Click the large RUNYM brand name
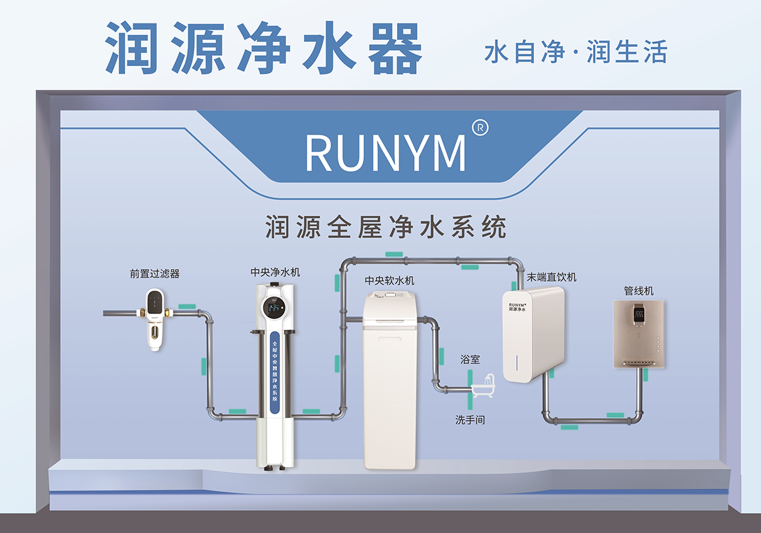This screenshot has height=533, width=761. (386, 152)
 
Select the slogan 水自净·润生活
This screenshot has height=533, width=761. (575, 52)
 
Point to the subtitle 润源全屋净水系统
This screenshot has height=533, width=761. (386, 227)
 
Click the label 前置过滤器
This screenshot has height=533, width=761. (155, 273)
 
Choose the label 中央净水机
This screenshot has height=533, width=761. (275, 272)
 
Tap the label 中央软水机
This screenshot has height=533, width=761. (390, 280)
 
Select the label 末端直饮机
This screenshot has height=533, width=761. (552, 277)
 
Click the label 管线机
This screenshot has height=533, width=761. (639, 291)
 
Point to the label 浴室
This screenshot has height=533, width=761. (470, 359)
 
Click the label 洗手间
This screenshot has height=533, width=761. (470, 419)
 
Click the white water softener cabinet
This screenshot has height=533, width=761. (389, 381)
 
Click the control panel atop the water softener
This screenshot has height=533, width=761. (393, 294)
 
